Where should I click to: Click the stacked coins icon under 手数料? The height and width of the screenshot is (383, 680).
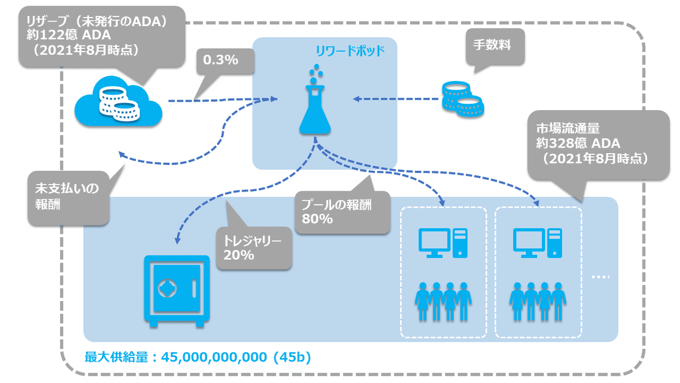pos(462,100)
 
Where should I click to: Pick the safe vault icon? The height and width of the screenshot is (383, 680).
pos(176,290)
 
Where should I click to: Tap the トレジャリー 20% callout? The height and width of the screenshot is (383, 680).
pos(253,248)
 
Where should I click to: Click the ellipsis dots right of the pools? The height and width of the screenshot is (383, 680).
pos(600,277)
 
